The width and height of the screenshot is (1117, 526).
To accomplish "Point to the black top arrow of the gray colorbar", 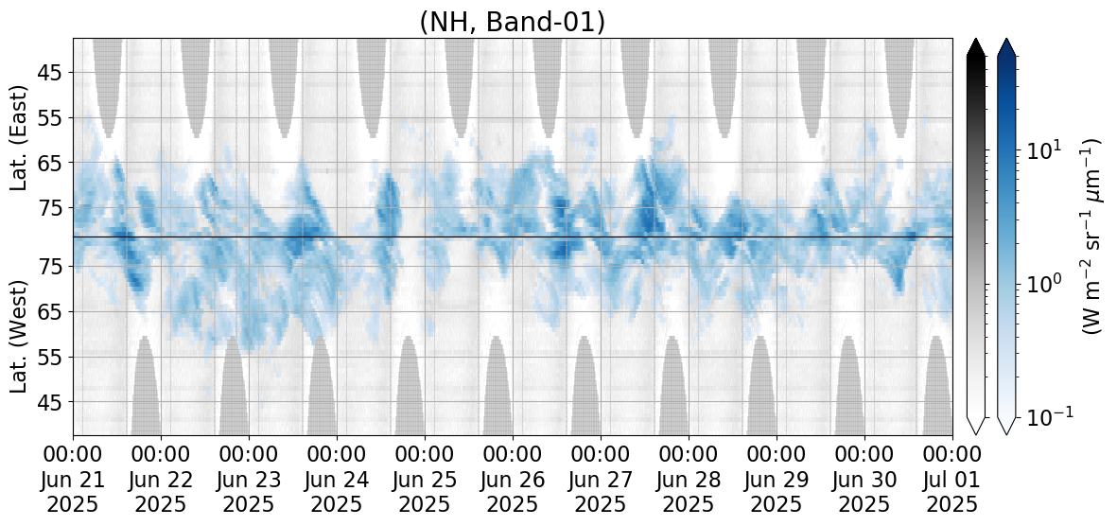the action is click(976, 47).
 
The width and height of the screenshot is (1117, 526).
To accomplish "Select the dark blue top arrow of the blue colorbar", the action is click(1006, 47).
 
